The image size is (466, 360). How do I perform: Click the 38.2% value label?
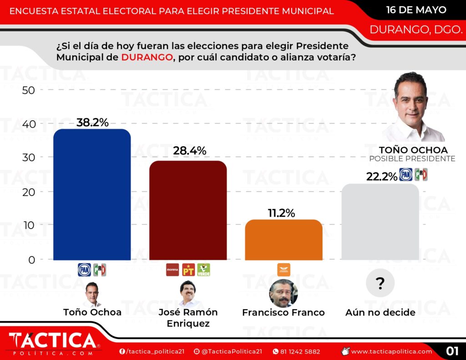pyautogui.click(x=92, y=122)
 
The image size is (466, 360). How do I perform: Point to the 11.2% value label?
pyautogui.click(x=279, y=213)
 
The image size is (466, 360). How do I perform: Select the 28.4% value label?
pyautogui.click(x=190, y=150)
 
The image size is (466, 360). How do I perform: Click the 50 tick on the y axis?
pyautogui.click(x=28, y=90)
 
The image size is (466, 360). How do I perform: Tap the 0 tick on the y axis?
pyautogui.click(x=31, y=259)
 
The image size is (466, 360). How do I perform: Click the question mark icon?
pyautogui.click(x=380, y=284)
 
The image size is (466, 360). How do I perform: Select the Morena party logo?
pyautogui.click(x=172, y=270)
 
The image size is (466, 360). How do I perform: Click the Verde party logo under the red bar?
pyautogui.click(x=203, y=270)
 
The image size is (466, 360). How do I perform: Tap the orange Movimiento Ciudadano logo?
pyautogui.click(x=284, y=270)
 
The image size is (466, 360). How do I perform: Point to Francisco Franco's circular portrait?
pyautogui.click(x=284, y=293)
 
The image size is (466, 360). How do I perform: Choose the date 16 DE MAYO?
pyautogui.click(x=416, y=10)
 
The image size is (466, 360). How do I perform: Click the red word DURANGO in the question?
pyautogui.click(x=147, y=57)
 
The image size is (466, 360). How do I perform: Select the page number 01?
pyautogui.click(x=451, y=351)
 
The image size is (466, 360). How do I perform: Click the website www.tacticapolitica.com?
pyautogui.click(x=391, y=351)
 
